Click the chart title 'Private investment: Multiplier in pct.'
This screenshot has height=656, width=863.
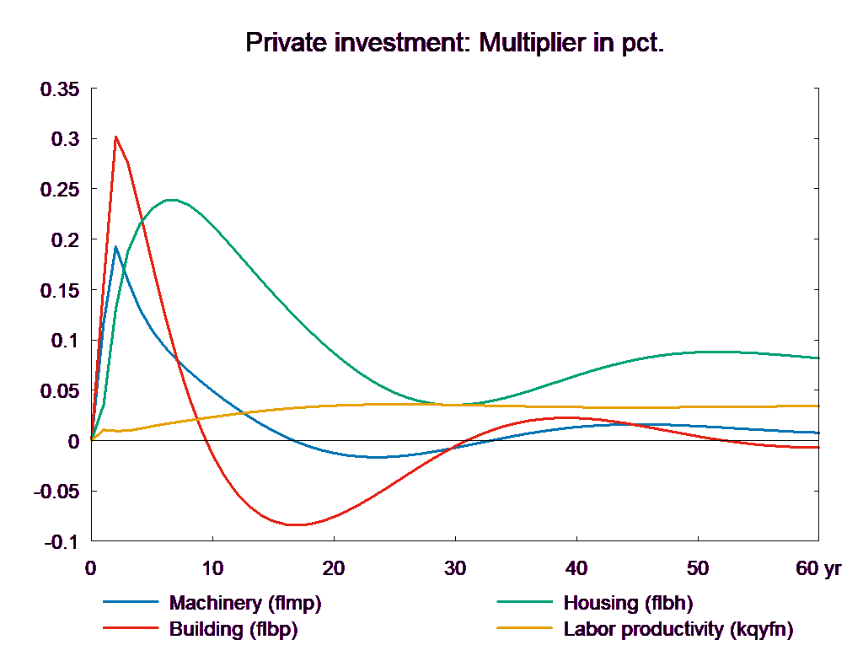(455, 43)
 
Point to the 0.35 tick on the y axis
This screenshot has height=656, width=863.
(60, 89)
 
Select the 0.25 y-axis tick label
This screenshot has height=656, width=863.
(60, 190)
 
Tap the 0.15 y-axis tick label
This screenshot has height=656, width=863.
(60, 291)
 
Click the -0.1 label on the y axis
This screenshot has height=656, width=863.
(60, 542)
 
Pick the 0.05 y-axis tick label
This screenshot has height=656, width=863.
(60, 391)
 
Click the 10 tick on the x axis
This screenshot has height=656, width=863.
(212, 568)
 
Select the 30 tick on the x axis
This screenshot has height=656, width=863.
(455, 568)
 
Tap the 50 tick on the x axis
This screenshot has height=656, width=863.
(698, 568)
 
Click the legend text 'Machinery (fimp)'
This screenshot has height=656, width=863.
(245, 603)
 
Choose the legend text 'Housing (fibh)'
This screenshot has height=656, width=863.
(627, 603)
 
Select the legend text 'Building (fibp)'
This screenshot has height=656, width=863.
(233, 629)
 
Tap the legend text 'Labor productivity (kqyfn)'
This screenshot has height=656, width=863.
(678, 629)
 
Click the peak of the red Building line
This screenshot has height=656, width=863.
(115, 137)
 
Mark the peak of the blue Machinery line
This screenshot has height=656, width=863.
(115, 246)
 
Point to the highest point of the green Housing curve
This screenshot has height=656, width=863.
(172, 200)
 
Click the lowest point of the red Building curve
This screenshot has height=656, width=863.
(295, 524)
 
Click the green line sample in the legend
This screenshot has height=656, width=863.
(525, 603)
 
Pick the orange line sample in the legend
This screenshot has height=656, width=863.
(525, 629)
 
